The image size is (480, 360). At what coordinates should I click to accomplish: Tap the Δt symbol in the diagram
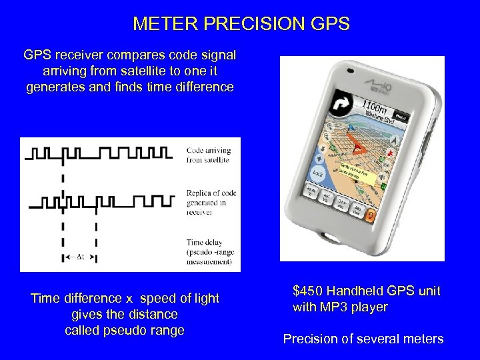(x=79, y=257)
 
